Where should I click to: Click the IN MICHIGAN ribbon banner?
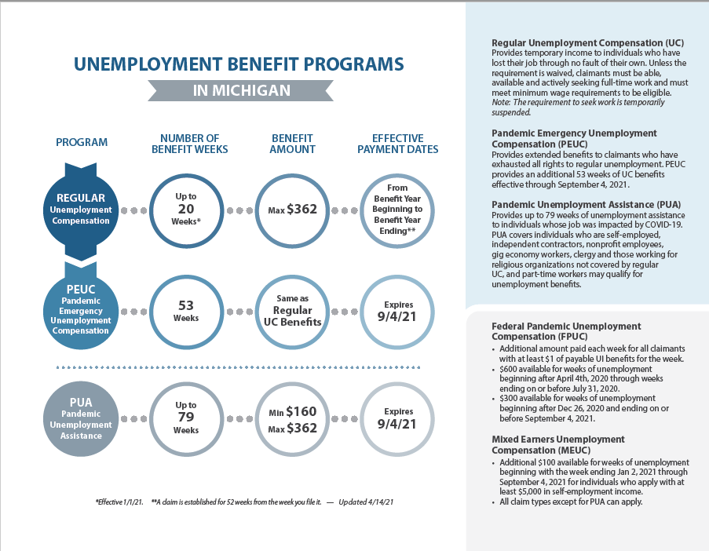(x=241, y=90)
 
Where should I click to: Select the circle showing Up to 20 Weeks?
(x=186, y=210)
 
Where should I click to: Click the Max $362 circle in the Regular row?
(x=292, y=210)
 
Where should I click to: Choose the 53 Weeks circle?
(x=186, y=312)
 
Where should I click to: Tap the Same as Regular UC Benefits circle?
(x=292, y=312)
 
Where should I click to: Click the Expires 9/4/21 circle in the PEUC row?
(x=399, y=312)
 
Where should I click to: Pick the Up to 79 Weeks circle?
(x=186, y=418)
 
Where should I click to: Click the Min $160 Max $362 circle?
(x=292, y=418)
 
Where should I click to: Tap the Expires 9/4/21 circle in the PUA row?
(x=399, y=418)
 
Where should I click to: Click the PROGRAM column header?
(x=82, y=143)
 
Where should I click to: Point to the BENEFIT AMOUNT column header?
(x=292, y=144)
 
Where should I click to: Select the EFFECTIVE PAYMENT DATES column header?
(x=399, y=144)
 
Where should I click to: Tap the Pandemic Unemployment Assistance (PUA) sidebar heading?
(x=586, y=205)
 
